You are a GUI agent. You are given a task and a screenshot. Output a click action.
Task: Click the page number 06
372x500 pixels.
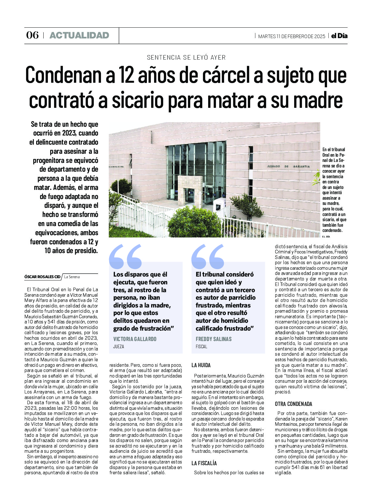(x=32, y=35)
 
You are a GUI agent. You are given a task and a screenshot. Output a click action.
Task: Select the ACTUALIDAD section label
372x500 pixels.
(x=79, y=36)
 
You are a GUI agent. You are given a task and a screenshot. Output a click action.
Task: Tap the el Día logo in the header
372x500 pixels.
(x=339, y=36)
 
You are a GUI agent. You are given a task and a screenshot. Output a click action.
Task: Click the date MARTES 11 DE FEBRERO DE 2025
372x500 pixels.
(x=292, y=36)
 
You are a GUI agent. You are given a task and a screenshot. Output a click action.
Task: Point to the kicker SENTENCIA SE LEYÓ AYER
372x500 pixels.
(x=186, y=57)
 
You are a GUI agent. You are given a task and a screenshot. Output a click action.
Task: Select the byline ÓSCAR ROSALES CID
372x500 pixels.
(x=42, y=277)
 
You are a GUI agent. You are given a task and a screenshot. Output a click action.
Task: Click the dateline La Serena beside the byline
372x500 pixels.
(x=72, y=277)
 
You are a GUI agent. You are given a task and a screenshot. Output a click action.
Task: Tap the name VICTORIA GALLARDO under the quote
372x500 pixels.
(x=135, y=339)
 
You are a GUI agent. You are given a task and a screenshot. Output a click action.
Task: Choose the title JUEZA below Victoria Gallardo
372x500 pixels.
(x=119, y=347)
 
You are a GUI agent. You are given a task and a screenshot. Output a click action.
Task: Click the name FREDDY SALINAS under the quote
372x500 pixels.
(x=213, y=339)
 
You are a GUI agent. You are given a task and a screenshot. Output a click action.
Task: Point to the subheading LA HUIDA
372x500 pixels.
(x=201, y=365)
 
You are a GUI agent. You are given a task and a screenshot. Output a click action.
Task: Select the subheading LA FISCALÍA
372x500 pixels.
(x=204, y=463)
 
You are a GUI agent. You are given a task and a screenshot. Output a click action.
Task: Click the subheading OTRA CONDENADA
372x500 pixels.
(x=293, y=404)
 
